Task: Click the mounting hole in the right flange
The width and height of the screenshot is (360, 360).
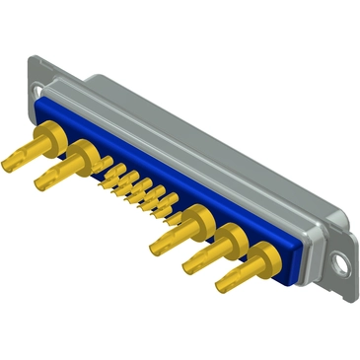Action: (x=341, y=263)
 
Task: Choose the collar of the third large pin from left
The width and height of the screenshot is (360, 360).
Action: (x=196, y=219)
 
